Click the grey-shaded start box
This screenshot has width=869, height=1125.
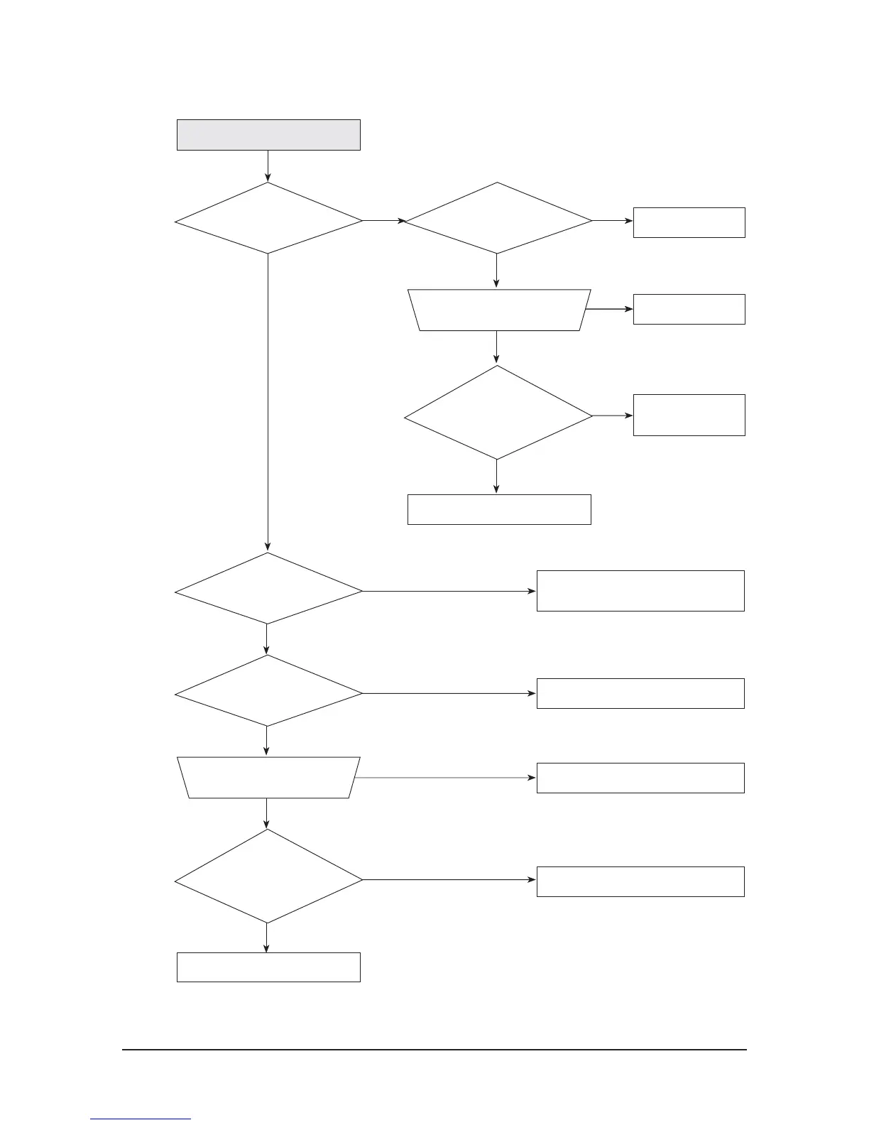(268, 135)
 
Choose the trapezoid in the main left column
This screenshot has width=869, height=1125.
(268, 778)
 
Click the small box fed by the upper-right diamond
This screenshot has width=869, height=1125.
(689, 222)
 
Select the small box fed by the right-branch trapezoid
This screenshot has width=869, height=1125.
(689, 309)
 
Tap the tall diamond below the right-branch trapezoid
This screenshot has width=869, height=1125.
(498, 413)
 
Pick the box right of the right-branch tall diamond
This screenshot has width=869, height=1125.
(689, 415)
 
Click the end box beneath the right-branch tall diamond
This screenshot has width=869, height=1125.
(499, 509)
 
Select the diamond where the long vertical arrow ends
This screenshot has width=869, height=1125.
(268, 589)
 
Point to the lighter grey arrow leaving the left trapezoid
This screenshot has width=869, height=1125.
(444, 778)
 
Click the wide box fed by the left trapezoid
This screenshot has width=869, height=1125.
(640, 778)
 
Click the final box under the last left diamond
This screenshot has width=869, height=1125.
(268, 967)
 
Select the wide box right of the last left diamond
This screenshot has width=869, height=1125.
(640, 881)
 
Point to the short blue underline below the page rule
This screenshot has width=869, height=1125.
(141, 1119)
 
